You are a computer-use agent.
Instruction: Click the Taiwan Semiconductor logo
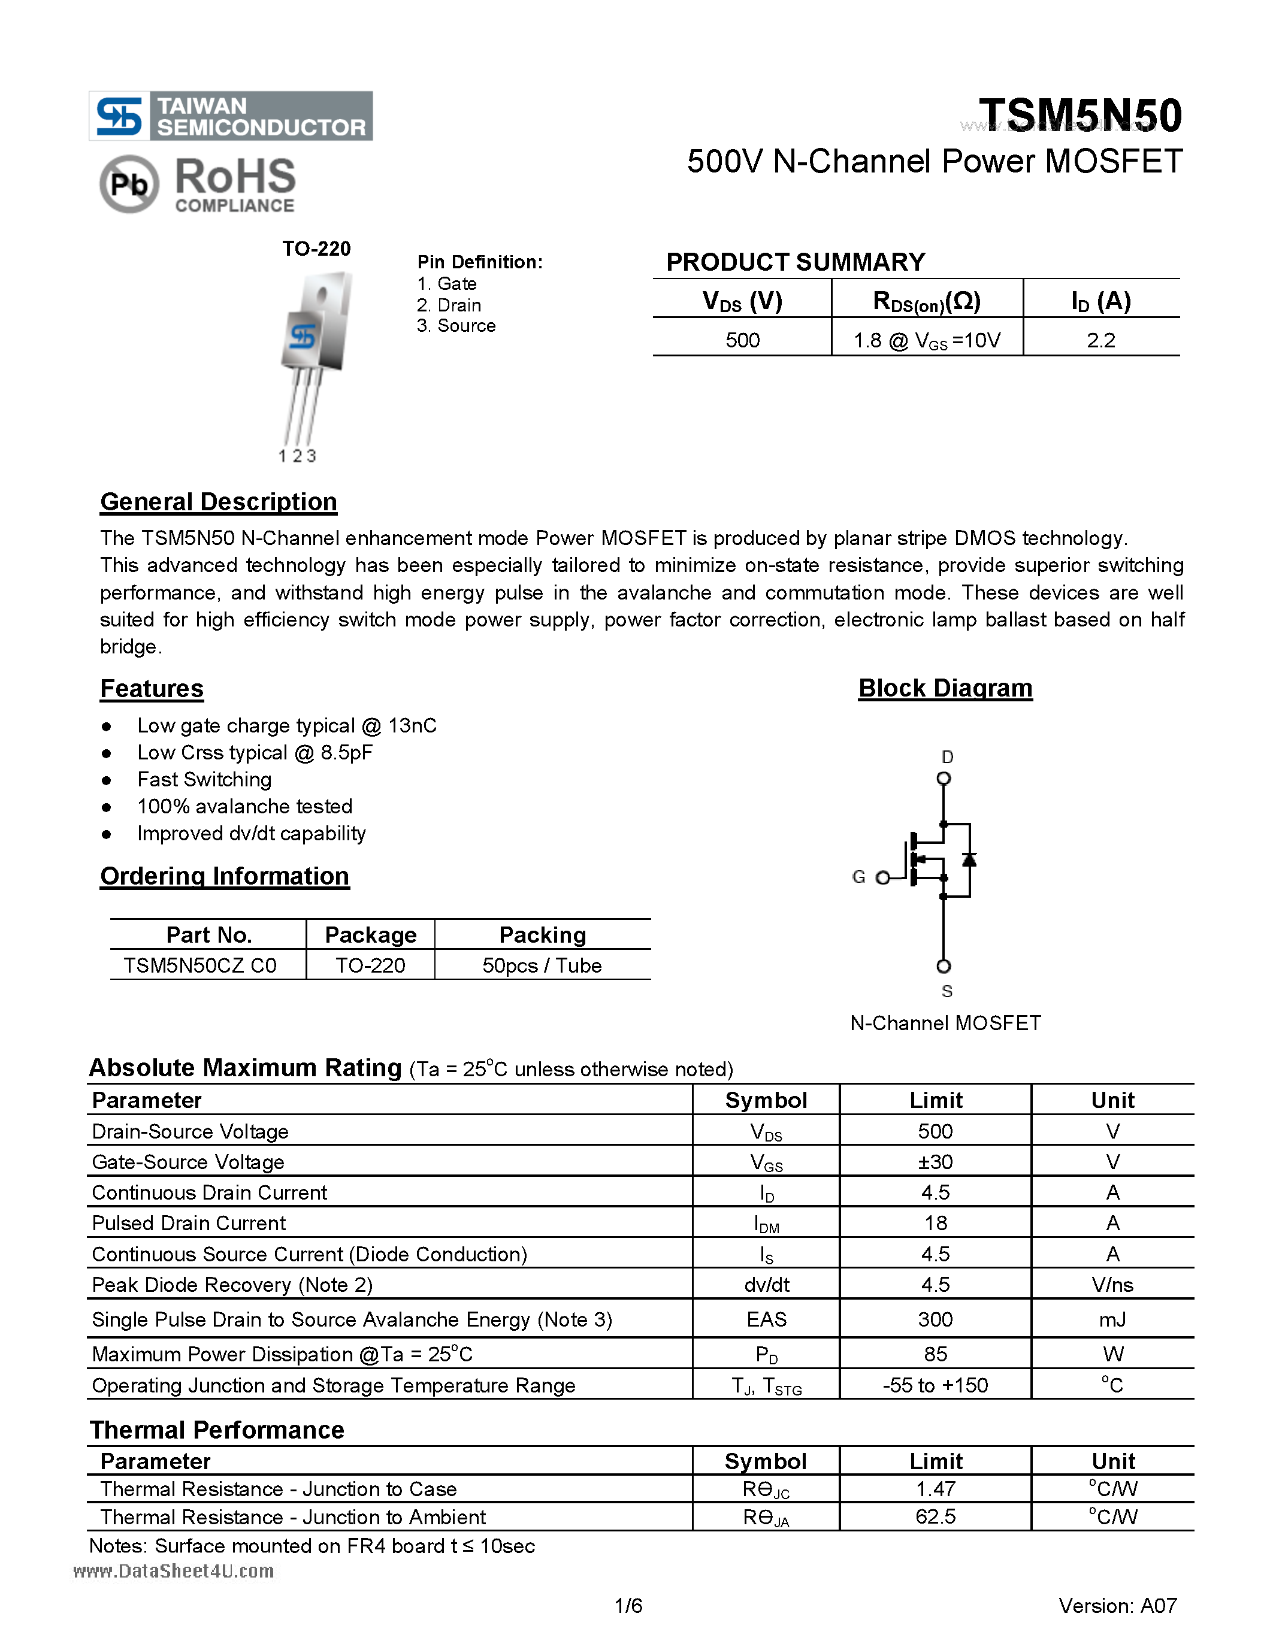click(x=230, y=116)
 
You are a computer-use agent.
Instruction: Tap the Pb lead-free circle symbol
click(x=129, y=183)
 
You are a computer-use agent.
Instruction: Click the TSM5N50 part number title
click(x=1080, y=116)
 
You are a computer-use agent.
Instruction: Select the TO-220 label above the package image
click(x=316, y=249)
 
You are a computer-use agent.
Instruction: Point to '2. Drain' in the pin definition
click(x=449, y=305)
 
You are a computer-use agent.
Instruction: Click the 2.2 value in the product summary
click(x=1100, y=340)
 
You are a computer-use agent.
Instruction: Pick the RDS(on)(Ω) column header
click(x=926, y=301)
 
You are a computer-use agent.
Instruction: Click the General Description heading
click(x=218, y=501)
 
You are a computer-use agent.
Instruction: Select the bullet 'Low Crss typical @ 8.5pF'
click(x=254, y=753)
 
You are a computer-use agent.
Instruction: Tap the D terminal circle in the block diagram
click(x=944, y=778)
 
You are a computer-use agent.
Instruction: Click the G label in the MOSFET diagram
click(x=858, y=876)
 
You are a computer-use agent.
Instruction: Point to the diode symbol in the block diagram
click(x=969, y=859)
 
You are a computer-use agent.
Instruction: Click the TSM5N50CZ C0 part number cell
click(x=200, y=965)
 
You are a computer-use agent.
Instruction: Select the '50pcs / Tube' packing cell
click(x=542, y=965)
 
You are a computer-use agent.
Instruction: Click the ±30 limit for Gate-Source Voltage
click(x=935, y=1161)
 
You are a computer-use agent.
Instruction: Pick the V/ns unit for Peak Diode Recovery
click(x=1112, y=1284)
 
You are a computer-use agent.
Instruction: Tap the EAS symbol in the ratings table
click(x=766, y=1319)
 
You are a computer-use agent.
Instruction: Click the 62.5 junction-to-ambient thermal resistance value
click(x=935, y=1516)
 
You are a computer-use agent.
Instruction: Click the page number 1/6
click(x=628, y=1606)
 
